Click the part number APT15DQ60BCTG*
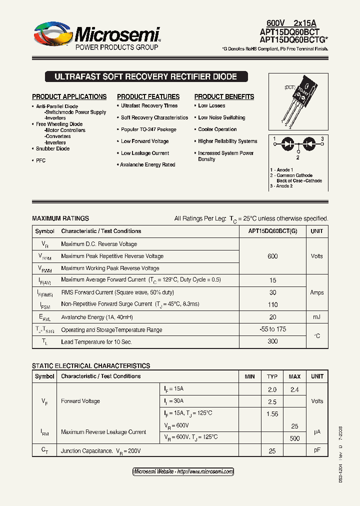tap(290, 39)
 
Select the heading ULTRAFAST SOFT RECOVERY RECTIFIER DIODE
tap(145, 77)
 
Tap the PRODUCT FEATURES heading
tap(148, 96)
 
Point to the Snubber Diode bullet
tap(52, 148)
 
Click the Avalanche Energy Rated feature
tap(147, 164)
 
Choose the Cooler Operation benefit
tap(217, 129)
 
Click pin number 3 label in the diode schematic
tap(322, 138)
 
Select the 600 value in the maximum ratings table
tap(272, 256)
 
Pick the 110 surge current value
tap(272, 304)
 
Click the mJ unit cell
tap(316, 317)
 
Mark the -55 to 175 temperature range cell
tap(272, 329)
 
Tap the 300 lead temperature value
tap(272, 342)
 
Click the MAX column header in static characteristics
tap(294, 376)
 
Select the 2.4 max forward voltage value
tap(294, 389)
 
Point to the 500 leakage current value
tap(294, 438)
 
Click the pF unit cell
tap(316, 450)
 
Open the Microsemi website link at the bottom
tap(183, 471)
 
